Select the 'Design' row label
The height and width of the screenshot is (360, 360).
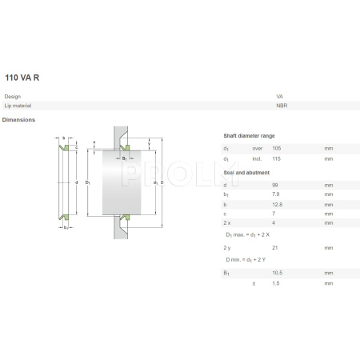click(x=12, y=97)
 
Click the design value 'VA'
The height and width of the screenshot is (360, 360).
click(x=280, y=97)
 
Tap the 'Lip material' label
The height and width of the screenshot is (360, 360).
click(x=17, y=106)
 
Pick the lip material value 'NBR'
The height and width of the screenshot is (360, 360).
click(x=282, y=106)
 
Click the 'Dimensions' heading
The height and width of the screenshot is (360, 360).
click(x=18, y=120)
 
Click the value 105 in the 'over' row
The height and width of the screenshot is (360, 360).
click(x=276, y=149)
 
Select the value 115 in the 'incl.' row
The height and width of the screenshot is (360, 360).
click(x=276, y=159)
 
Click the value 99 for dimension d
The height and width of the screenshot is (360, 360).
click(x=275, y=185)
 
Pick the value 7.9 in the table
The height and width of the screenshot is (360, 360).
click(x=276, y=194)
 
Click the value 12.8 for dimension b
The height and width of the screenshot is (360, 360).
click(x=277, y=204)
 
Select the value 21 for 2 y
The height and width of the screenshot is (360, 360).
click(x=275, y=248)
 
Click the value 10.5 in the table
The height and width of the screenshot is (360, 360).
click(x=277, y=273)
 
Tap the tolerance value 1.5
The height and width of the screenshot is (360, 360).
click(x=275, y=283)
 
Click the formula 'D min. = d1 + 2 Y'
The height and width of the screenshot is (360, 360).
click(x=249, y=260)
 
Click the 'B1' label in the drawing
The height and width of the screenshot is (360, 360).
click(x=126, y=159)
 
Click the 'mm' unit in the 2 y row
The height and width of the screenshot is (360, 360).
click(x=328, y=248)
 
